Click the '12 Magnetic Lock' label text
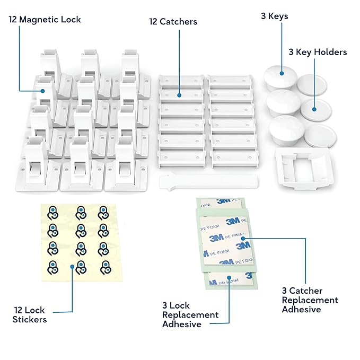click(45, 20)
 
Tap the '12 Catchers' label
click(173, 22)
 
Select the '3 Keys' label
click(274, 16)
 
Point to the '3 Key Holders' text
click(318, 52)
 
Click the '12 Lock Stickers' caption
click(30, 314)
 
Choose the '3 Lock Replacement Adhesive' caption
click(190, 314)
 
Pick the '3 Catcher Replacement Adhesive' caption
click(310, 300)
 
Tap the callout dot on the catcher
click(179, 96)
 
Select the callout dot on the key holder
click(313, 109)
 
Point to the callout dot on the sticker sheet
click(72, 268)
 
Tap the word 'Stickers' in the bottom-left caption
click(30, 319)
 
